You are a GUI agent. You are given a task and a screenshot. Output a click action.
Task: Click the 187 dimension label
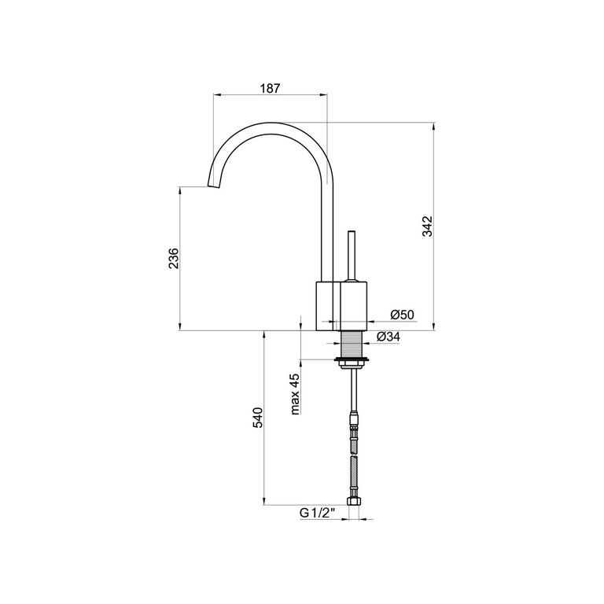tap(270, 88)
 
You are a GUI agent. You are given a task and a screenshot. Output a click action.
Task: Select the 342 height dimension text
tap(428, 226)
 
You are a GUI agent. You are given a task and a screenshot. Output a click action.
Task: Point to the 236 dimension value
tap(174, 259)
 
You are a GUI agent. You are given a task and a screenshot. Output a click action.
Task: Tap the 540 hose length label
tap(257, 418)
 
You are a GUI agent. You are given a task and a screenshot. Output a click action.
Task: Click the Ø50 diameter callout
tap(402, 315)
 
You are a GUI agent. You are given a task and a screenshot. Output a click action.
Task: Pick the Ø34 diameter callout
tap(389, 337)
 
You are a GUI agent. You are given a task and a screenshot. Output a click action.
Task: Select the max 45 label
tap(295, 394)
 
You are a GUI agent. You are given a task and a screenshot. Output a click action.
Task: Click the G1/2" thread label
tap(318, 513)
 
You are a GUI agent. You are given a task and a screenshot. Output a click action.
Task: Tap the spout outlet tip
tap(214, 186)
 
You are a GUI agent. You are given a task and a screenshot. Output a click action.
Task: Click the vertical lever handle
tap(352, 256)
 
